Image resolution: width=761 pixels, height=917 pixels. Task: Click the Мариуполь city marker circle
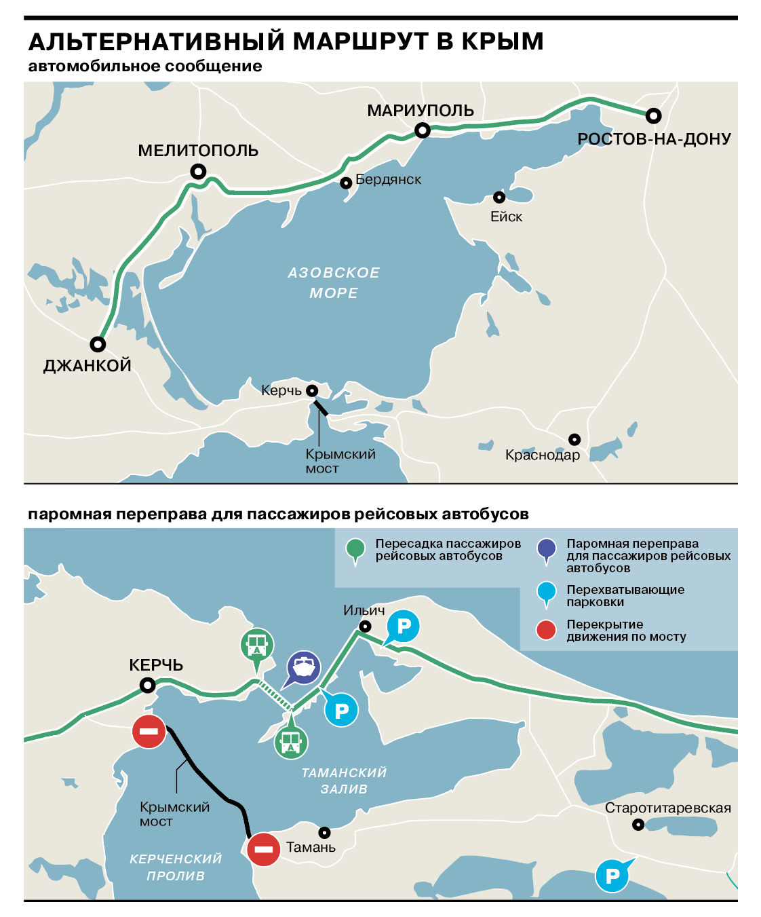(x=423, y=130)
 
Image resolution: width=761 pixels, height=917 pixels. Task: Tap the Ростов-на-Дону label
(x=654, y=139)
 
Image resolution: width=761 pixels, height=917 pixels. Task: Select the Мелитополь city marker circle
(x=198, y=171)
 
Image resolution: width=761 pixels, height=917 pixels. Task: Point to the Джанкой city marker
(x=98, y=344)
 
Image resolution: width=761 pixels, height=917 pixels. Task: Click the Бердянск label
(x=388, y=180)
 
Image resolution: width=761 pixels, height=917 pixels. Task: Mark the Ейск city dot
(x=499, y=198)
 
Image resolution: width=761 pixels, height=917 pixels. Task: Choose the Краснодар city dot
(x=574, y=439)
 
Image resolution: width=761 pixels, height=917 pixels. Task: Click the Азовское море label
(x=334, y=282)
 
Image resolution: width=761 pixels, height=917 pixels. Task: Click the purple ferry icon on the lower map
(x=303, y=668)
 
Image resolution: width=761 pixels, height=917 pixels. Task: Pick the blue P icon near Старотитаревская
(x=612, y=876)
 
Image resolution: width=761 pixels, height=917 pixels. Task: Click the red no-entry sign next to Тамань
(x=263, y=849)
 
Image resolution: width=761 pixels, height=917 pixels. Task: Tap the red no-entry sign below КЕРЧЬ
(x=149, y=731)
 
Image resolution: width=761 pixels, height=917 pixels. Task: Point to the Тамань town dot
(x=325, y=832)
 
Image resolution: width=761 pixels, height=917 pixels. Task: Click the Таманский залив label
(x=344, y=781)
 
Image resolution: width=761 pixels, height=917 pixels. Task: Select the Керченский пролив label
(x=176, y=867)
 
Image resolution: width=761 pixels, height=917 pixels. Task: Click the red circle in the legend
(x=546, y=630)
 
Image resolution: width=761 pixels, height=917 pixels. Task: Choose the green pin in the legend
(x=355, y=548)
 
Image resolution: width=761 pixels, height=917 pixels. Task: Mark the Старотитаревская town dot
(x=638, y=825)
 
